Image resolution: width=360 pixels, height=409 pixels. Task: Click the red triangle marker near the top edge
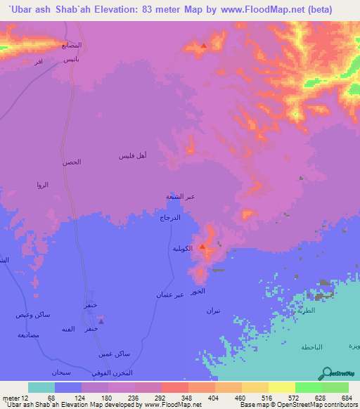(204, 46)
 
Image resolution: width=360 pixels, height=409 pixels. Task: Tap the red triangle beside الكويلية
(202, 247)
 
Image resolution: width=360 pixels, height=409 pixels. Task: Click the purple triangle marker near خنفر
(101, 321)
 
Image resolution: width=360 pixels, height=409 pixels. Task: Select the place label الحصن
(72, 162)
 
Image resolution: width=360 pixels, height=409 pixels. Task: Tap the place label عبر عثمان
(170, 294)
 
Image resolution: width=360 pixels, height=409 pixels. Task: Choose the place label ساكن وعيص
(32, 314)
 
